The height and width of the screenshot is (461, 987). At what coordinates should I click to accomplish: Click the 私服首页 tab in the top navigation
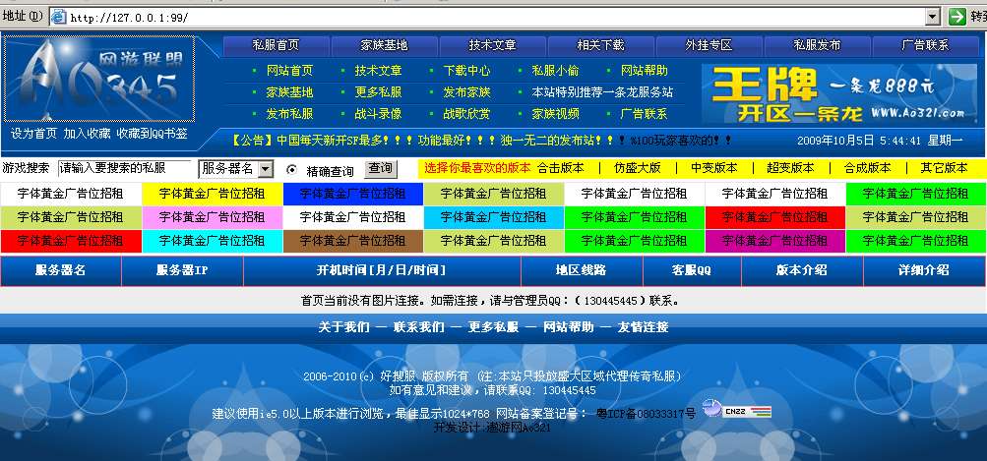pos(276,45)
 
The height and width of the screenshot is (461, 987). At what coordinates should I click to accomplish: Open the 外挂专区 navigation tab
pos(709,45)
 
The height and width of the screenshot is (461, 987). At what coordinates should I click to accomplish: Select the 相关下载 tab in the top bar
pos(600,45)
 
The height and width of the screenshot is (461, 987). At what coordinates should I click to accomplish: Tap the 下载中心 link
pos(466,71)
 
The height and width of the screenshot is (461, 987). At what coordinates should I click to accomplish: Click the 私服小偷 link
pos(555,71)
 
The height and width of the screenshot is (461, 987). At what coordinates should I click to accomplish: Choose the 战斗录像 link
pos(378,114)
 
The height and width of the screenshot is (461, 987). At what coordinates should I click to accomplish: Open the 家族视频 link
pos(555,114)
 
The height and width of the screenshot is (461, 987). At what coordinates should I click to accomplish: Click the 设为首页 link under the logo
pos(33,134)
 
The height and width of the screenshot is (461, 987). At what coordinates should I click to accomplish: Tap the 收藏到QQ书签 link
pos(152,134)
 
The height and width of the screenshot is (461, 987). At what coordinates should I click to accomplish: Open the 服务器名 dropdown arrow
pos(265,169)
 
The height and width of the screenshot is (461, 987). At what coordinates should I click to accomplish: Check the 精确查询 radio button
pos(291,170)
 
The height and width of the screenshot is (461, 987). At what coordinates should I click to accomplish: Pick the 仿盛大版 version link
pos(637,168)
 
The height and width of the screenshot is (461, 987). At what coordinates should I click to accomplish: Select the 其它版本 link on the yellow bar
pos(944,168)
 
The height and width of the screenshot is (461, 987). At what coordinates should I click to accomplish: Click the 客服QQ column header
pos(691,270)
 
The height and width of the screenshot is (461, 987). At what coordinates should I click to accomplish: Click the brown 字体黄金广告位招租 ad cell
pos(352,240)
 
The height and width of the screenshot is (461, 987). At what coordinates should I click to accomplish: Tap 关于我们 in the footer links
pos(343,327)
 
